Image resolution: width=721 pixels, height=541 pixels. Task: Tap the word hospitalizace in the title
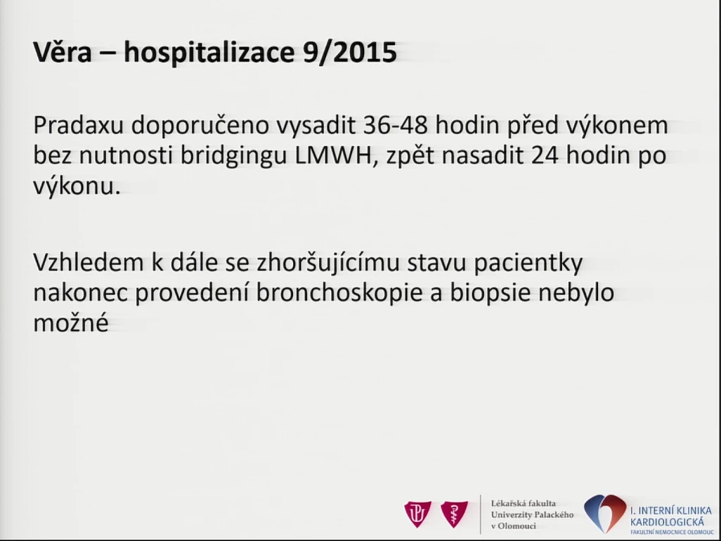(208, 52)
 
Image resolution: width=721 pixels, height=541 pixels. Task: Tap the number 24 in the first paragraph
(545, 156)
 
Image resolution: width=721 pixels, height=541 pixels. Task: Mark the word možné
(71, 322)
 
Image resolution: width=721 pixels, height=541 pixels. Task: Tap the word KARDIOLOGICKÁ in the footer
(667, 522)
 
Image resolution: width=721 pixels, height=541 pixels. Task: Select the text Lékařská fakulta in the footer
(523, 503)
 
